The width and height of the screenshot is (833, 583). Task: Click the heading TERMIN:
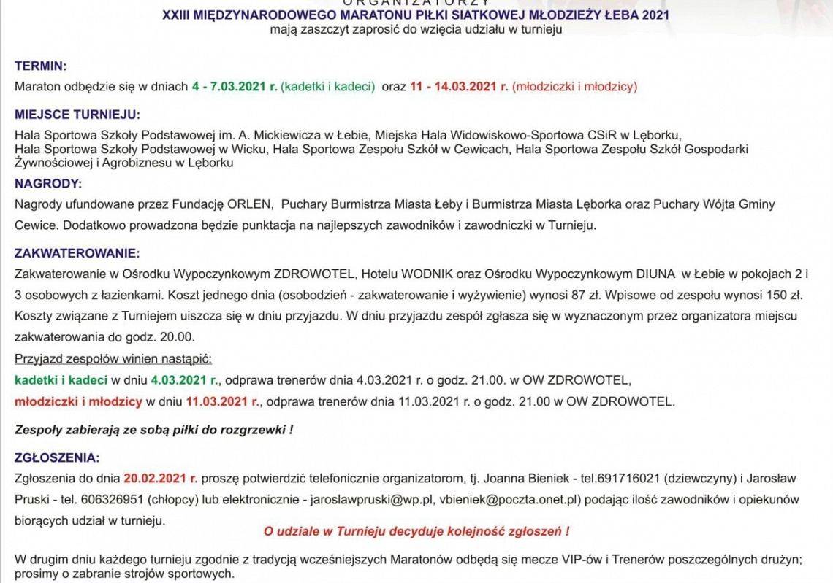[x=41, y=66]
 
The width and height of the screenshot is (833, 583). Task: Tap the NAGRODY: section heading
[x=49, y=183]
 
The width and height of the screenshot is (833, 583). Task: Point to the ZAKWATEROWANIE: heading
[x=77, y=253]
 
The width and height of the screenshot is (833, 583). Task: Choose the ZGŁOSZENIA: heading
[x=56, y=457]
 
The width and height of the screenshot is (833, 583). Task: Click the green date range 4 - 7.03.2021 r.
[x=235, y=86]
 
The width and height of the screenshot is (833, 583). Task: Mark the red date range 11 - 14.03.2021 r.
[x=459, y=86]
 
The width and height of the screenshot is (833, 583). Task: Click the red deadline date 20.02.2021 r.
[x=160, y=479]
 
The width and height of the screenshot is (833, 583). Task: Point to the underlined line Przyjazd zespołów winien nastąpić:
[x=113, y=360]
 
